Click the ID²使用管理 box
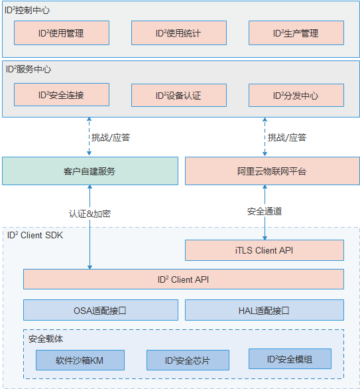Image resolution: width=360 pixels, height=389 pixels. (x=62, y=33)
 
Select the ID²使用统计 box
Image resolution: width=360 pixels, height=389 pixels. (x=179, y=33)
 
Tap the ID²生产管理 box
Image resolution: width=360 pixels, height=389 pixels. (x=296, y=33)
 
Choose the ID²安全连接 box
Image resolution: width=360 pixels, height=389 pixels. (x=62, y=94)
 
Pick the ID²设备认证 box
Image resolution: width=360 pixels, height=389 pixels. (x=179, y=96)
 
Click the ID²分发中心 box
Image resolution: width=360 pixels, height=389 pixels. (x=296, y=96)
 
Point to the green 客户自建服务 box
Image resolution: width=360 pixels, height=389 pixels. (x=90, y=171)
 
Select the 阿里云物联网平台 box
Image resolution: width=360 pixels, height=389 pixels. (x=272, y=171)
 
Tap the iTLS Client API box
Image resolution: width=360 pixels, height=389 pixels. (x=265, y=250)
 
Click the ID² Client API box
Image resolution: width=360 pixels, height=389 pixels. (x=184, y=279)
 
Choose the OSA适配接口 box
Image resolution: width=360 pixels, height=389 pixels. (x=101, y=310)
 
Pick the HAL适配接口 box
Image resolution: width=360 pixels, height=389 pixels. (x=265, y=310)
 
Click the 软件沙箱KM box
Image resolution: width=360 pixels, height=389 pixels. (x=80, y=360)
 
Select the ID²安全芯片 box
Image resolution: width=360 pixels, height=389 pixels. (x=188, y=360)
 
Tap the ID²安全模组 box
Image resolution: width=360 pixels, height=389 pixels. (x=290, y=359)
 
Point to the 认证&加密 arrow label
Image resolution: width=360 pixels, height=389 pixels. (x=90, y=214)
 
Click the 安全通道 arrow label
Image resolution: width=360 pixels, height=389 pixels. (x=265, y=211)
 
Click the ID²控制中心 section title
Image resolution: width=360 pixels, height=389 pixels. (x=27, y=10)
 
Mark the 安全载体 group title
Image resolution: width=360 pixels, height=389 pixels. (x=46, y=339)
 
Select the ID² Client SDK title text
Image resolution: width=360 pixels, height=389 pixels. (x=35, y=235)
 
